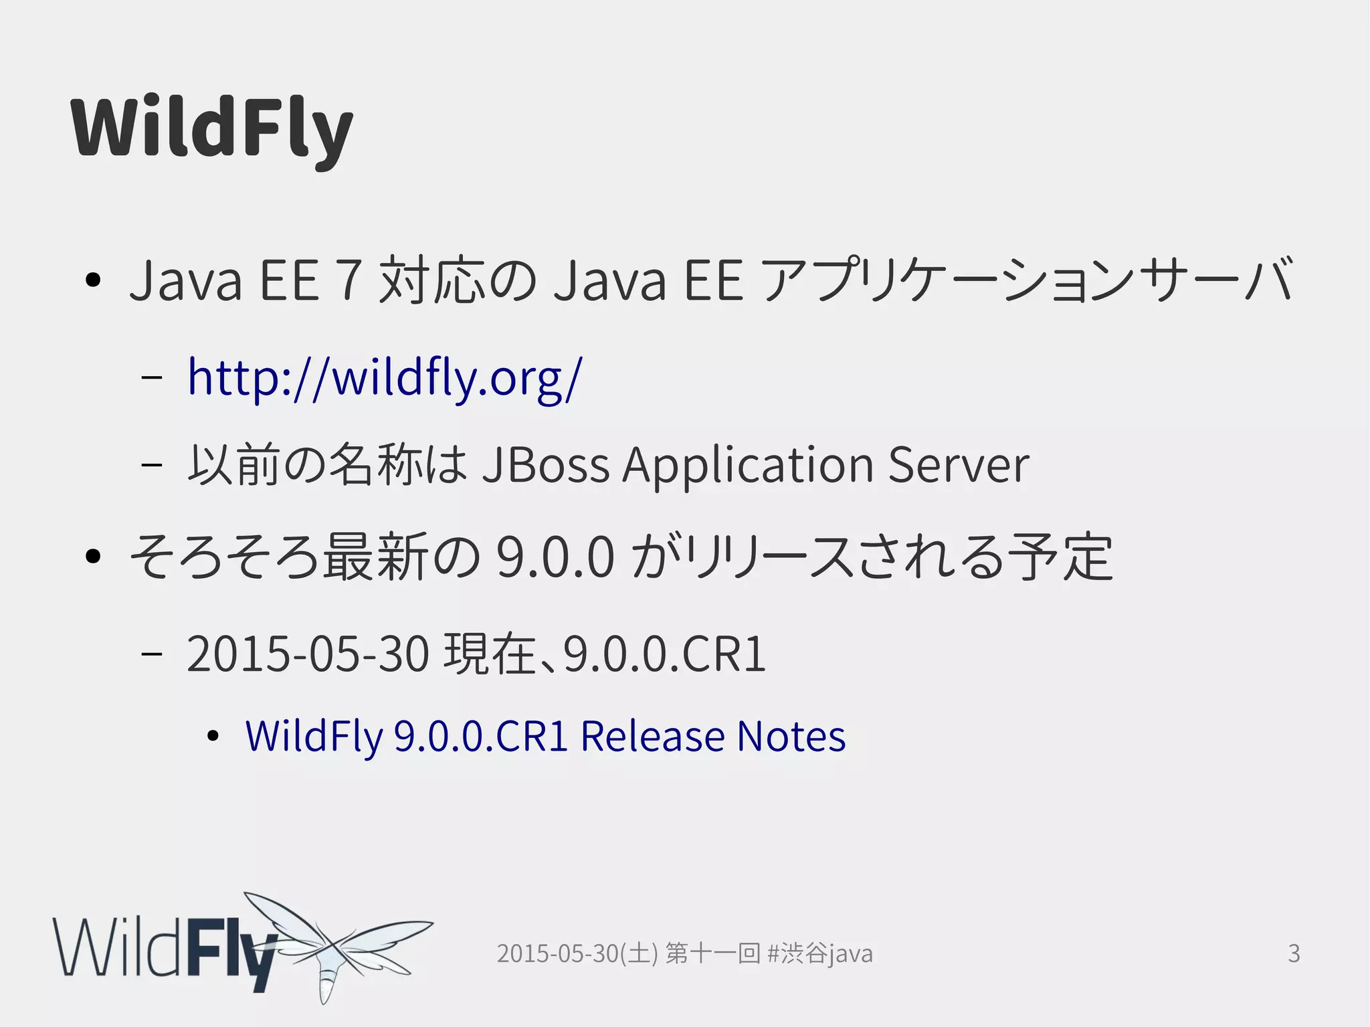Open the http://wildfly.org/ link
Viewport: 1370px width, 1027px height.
tap(385, 377)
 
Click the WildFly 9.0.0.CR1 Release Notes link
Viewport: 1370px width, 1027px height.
tap(545, 736)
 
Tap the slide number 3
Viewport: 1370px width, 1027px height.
tap(1294, 953)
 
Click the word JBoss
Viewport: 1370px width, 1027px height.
tap(546, 464)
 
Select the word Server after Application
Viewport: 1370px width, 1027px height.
tap(959, 464)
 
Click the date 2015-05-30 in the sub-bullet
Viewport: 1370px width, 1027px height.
tap(308, 654)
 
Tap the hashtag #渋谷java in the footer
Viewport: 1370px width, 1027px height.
tap(820, 953)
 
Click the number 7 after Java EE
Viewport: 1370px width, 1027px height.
tap(349, 280)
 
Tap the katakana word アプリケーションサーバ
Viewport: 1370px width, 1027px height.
tap(1027, 280)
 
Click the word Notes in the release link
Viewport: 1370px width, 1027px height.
tap(791, 736)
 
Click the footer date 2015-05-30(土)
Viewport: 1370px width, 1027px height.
tap(577, 953)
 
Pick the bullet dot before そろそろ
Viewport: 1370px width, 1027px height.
tap(93, 556)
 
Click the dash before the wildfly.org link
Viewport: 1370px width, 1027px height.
tap(153, 377)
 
